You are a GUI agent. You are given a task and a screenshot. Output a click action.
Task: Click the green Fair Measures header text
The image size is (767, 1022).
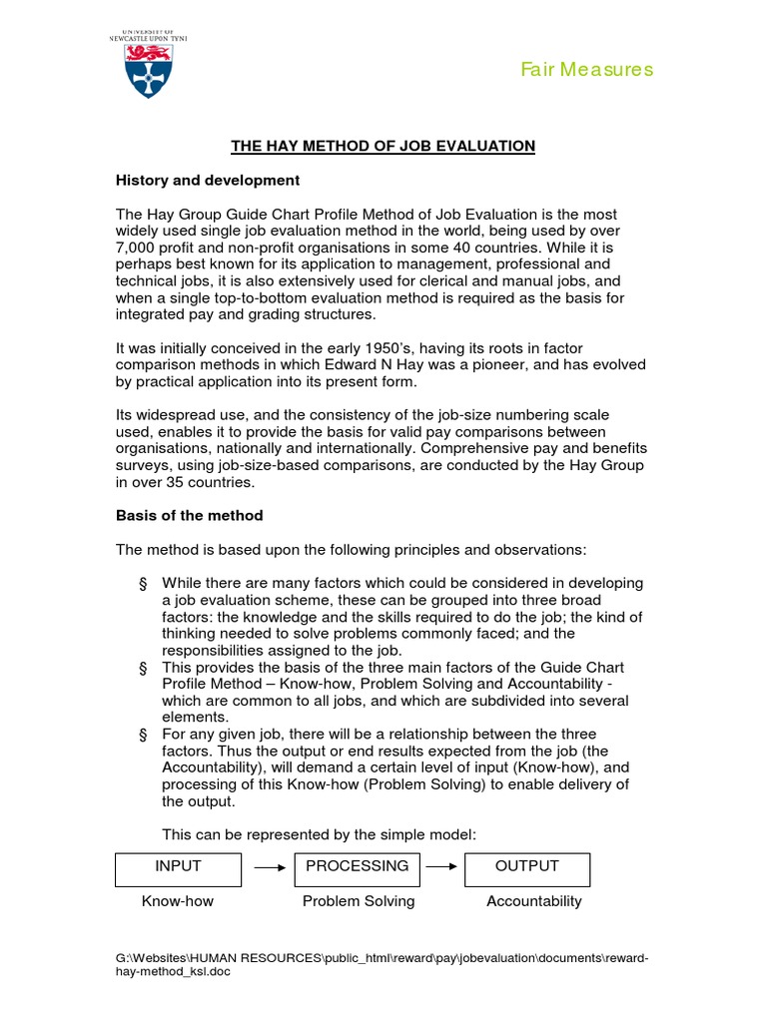click(587, 69)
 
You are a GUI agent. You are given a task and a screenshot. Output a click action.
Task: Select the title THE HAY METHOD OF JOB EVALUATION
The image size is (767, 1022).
click(383, 146)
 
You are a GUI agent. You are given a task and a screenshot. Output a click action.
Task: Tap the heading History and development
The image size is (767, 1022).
click(208, 181)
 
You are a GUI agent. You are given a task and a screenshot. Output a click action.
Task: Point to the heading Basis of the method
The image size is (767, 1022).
click(190, 515)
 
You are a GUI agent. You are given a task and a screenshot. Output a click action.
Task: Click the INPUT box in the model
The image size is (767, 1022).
click(178, 867)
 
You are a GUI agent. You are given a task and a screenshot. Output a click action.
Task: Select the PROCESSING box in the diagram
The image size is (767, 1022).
click(358, 867)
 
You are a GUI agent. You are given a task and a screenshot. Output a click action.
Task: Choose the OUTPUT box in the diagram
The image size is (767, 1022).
click(526, 867)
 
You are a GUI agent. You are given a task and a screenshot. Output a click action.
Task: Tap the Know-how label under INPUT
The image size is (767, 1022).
click(178, 901)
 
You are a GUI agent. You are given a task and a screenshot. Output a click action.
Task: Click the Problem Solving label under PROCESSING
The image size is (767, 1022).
click(359, 901)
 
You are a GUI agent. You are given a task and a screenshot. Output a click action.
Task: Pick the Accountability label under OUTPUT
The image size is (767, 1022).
click(533, 901)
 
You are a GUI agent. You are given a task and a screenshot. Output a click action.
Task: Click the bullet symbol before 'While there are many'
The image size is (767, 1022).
click(144, 583)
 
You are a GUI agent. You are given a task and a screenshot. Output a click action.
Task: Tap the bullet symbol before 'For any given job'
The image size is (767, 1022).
click(144, 734)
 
